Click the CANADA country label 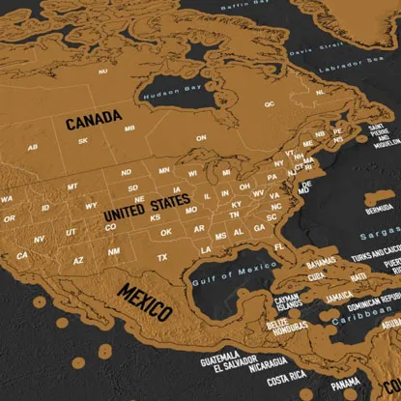coord(94,121)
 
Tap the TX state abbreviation coord(162,256)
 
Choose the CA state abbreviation coord(21,255)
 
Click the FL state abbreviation coord(278,247)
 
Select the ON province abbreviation coord(202,138)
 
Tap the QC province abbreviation coord(270,103)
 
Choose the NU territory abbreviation coord(103,71)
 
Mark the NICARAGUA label coord(267,364)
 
